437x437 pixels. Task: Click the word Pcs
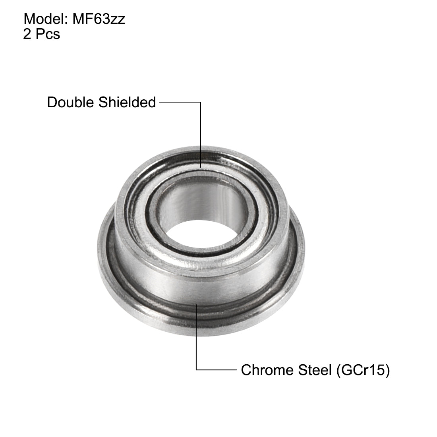pos(47,34)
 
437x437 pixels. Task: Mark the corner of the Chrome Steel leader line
pos(197,370)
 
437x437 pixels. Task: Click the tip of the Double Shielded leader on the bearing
pos(201,167)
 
